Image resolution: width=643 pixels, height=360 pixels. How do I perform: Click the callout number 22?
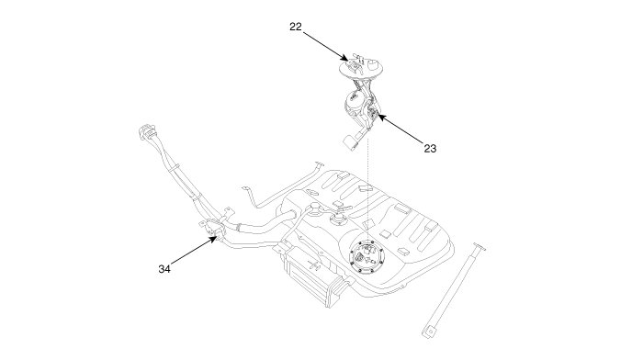tap(295, 27)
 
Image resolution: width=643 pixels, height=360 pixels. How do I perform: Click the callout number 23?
tap(430, 148)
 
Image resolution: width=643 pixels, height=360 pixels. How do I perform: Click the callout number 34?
tap(164, 269)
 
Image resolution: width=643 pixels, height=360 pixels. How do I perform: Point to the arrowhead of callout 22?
tap(345, 58)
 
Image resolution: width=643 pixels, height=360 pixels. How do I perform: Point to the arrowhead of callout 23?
tap(381, 117)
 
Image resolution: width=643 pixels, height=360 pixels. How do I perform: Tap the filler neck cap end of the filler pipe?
tap(147, 130)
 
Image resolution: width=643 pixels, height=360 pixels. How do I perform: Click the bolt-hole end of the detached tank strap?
tap(429, 331)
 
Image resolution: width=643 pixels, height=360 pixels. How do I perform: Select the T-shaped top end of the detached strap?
tap(479, 247)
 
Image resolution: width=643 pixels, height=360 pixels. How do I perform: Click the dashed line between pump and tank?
tap(367, 189)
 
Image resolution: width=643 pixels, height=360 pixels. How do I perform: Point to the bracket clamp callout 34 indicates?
tap(214, 229)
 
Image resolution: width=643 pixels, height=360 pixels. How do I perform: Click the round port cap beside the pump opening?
tap(339, 221)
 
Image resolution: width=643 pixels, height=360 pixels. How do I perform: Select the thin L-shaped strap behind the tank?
tap(282, 185)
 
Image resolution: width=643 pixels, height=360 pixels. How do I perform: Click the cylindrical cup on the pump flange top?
tap(374, 64)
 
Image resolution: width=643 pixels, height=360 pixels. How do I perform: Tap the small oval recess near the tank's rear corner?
tap(312, 192)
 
